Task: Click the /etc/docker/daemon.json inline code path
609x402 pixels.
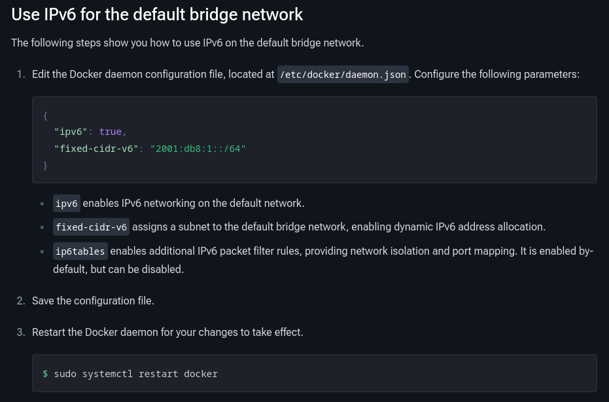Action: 343,75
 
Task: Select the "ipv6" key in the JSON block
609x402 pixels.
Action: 71,132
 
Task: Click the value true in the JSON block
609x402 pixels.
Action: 110,132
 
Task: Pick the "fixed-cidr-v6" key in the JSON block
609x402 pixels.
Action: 96,149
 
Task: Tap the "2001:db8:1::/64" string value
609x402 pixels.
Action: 198,149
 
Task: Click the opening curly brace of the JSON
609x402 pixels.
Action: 45,116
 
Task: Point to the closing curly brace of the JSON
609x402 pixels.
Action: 45,166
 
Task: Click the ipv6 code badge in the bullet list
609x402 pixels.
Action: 67,204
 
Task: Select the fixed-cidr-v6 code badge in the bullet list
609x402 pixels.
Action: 91,227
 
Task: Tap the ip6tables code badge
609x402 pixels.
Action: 80,251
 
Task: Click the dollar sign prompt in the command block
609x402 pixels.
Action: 45,374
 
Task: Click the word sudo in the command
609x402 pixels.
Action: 65,374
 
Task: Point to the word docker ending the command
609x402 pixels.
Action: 201,374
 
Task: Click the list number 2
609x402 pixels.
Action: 20,301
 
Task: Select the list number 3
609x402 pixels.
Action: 20,333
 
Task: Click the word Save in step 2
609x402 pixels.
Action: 43,301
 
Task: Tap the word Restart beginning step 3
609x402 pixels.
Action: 50,333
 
